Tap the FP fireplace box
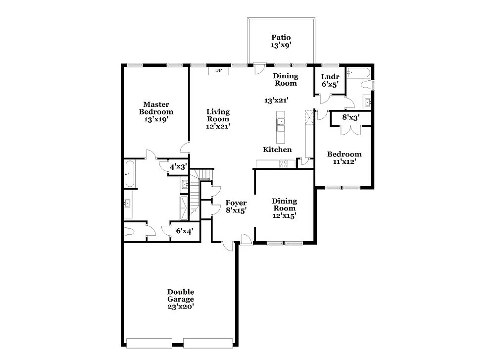[218, 71]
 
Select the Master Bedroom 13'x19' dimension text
[156, 119]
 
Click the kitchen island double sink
[281, 124]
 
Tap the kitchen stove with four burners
[284, 164]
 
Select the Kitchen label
[277, 150]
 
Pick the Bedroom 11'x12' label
[344, 157]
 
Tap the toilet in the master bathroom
[130, 232]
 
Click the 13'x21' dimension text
[276, 101]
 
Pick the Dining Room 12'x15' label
[284, 208]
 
